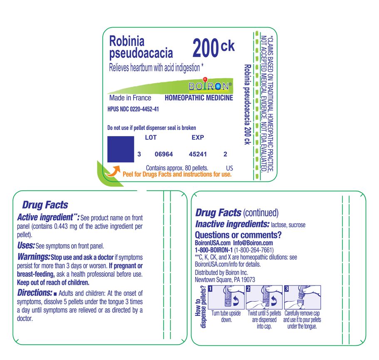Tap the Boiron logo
coord(210,86)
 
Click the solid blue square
coord(121,149)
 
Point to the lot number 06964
coord(163,154)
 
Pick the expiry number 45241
coord(198,154)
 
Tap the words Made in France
coord(130,98)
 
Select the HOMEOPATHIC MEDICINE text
coord(199,98)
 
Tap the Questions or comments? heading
coord(238,235)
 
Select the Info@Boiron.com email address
coord(253,243)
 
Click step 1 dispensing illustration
coord(226,297)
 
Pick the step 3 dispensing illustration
coord(302,297)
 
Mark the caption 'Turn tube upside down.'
coord(226,316)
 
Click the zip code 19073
coord(247,280)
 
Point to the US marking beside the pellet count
coord(229,168)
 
